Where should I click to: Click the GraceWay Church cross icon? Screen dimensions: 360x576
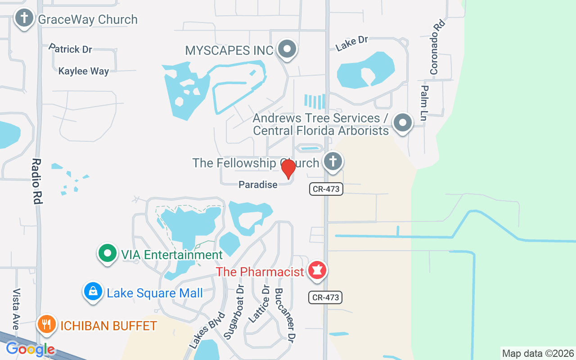coord(24,19)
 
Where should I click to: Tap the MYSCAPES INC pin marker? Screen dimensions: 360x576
coord(287,49)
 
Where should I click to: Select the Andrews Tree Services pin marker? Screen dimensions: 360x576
coord(402,122)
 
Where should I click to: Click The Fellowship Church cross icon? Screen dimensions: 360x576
coord(333,161)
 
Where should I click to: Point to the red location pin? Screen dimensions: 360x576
coord(288,169)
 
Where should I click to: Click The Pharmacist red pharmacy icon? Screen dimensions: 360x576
coord(317,271)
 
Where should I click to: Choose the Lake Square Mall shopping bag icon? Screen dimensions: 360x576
coord(93,292)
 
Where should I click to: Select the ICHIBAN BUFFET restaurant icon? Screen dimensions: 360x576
coord(47,324)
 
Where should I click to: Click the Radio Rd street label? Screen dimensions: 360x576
coord(37,181)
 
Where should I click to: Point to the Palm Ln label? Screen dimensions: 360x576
coord(424,103)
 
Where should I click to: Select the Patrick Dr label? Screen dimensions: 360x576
coord(70,49)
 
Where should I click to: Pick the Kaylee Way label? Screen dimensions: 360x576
coord(84,71)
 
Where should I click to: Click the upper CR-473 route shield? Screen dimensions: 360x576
coord(326,189)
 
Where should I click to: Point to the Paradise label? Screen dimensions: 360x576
coord(258,184)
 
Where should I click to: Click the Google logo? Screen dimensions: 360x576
coord(31,349)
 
